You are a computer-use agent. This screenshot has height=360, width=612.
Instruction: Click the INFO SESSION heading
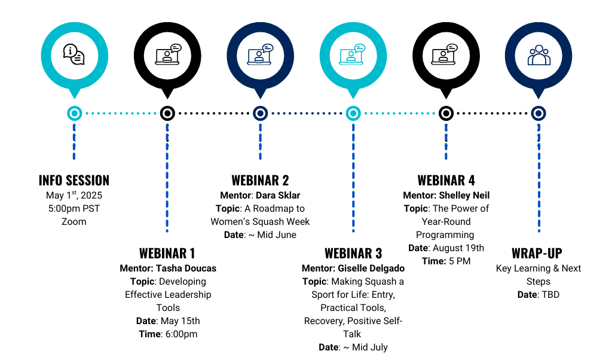pos(74,181)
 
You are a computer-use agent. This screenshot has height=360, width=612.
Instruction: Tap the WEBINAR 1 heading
pos(167,254)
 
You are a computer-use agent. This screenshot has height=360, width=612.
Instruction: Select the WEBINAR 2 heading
pos(260,181)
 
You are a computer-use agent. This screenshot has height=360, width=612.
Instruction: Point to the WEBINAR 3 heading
pos(353,254)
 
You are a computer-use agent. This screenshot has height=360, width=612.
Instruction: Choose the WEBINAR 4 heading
pos(446,181)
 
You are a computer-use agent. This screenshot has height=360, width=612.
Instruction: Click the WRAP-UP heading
pos(537,254)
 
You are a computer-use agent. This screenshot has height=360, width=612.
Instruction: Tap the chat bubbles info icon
pos(74,54)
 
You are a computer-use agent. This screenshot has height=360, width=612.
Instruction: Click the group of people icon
pos(539,55)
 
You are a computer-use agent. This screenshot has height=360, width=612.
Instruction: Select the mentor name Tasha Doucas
pos(186,269)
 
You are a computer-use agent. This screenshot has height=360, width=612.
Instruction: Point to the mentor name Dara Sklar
pos(278,195)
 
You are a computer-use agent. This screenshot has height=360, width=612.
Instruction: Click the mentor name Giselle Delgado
pos(371,269)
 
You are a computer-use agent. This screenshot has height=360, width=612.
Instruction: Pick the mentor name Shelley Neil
pos(464,195)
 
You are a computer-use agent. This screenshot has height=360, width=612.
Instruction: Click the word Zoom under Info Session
pos(74,221)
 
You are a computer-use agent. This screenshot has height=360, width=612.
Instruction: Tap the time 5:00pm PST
pos(74,209)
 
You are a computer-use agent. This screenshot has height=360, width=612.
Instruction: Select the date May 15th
pos(180,321)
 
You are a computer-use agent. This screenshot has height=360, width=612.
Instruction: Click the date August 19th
pos(458,248)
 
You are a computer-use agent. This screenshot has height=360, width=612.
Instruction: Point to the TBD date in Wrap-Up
pos(550,294)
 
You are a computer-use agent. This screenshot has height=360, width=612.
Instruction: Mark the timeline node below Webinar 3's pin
pos(353,113)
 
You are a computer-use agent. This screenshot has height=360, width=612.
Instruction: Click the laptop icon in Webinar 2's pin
pos(260,54)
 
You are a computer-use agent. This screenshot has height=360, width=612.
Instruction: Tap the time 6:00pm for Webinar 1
pos(181,334)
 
